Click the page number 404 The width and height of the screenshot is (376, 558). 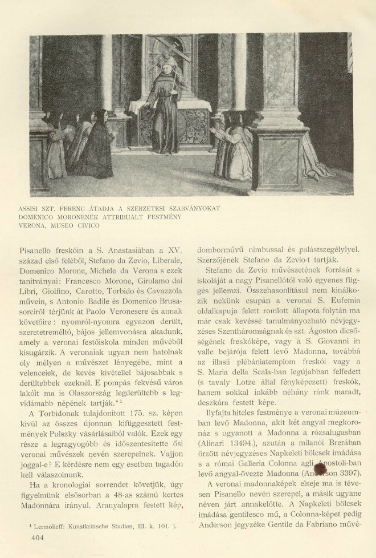(38, 537)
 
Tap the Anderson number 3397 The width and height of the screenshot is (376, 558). (344, 472)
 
